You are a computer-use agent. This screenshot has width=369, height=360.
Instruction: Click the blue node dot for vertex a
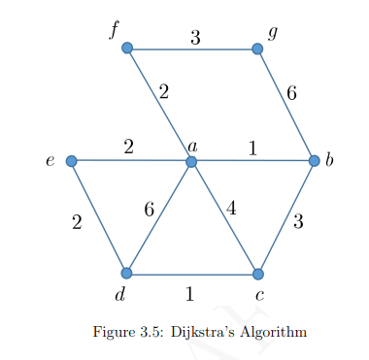[191, 161]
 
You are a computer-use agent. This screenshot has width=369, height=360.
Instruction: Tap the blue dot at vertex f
[126, 48]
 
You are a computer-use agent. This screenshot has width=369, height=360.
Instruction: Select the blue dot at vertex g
[257, 48]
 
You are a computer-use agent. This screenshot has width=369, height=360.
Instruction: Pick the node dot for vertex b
[314, 161]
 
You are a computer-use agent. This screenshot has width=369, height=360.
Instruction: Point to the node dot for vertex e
[71, 161]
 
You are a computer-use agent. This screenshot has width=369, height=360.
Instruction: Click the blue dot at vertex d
[126, 273]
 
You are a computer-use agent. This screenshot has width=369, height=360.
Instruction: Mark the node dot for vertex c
[257, 274]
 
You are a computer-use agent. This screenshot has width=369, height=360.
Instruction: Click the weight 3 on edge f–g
[195, 38]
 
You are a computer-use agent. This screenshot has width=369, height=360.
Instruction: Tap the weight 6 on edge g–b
[290, 94]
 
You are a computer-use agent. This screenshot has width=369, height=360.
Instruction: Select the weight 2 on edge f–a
[163, 93]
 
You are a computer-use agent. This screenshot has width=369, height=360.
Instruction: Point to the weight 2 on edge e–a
[128, 147]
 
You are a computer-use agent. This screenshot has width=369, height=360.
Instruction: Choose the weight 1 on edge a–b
[252, 148]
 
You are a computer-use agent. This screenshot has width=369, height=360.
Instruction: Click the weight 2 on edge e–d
[77, 222]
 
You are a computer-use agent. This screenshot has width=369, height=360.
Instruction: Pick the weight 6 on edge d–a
[149, 210]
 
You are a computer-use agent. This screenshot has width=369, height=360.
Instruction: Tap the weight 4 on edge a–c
[231, 207]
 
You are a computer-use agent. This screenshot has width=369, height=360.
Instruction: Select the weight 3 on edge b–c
[298, 222]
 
